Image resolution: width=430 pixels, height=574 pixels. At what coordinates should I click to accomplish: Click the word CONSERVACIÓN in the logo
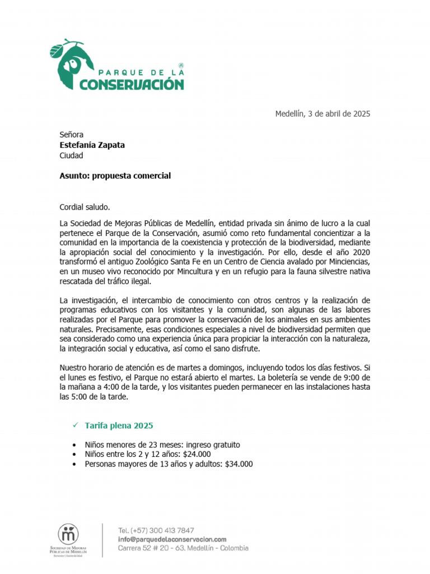[x=132, y=84]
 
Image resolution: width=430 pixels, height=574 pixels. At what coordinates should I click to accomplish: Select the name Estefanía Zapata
[x=92, y=145]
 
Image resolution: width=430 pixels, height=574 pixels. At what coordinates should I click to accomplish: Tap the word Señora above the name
[x=72, y=135]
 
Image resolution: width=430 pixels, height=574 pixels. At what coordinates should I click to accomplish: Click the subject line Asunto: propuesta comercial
[x=115, y=175]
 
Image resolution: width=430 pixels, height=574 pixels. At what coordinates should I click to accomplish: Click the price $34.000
[x=239, y=464]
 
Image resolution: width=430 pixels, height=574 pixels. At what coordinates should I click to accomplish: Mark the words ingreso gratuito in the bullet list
[x=213, y=445]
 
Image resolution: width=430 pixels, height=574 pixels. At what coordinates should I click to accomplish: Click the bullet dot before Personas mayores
[x=75, y=465]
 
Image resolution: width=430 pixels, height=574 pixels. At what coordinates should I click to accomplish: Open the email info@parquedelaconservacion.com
[x=172, y=539]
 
